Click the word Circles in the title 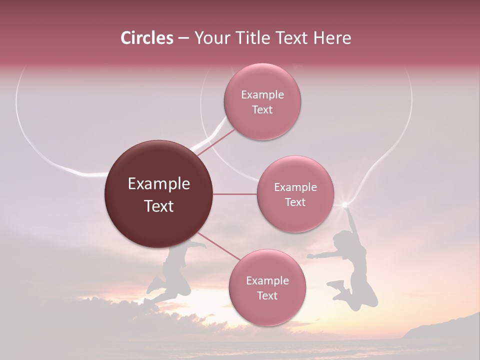point(146,38)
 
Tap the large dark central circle point(158,194)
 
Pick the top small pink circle point(262,102)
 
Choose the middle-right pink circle point(295,194)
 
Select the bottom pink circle point(267,288)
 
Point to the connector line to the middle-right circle point(235,194)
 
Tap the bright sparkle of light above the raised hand point(344,204)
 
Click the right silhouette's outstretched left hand point(310,256)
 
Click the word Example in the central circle point(158,184)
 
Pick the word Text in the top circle point(262,109)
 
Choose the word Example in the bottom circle point(267,280)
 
